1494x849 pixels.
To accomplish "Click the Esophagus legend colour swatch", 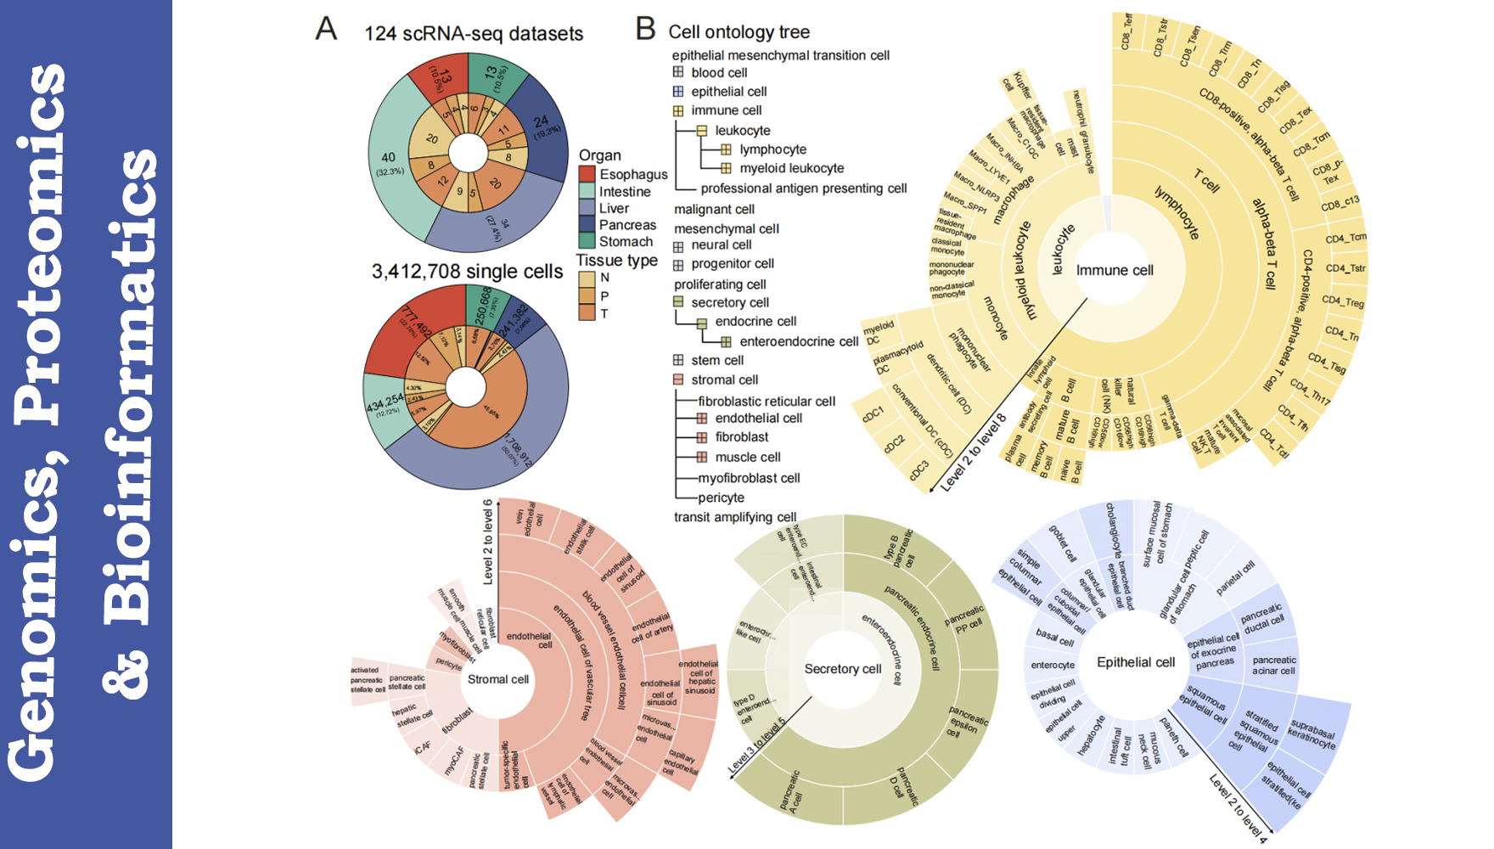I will [587, 174].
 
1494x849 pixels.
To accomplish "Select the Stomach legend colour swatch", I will [587, 241].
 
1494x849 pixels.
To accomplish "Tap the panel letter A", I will [326, 29].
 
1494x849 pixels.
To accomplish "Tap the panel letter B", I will [645, 29].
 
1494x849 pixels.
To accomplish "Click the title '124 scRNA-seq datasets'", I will [474, 34].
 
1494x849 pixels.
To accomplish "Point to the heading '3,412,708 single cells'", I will [467, 272].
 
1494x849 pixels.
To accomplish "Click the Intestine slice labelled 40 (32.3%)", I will [389, 162].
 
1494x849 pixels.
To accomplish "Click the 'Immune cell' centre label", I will [1115, 270].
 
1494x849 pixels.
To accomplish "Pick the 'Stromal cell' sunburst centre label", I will [497, 679].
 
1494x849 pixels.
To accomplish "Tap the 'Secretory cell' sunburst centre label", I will [843, 669].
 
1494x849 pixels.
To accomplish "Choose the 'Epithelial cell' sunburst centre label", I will [1136, 662].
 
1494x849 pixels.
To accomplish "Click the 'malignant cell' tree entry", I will [714, 210].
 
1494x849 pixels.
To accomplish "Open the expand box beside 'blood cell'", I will [678, 72].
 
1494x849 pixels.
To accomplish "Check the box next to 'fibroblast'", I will [702, 437].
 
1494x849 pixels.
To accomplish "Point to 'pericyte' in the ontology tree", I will [721, 498].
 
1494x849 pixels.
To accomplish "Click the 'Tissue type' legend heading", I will [617, 261].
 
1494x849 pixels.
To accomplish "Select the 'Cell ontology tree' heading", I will [739, 32].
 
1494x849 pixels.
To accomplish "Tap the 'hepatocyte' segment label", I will [1091, 735].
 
